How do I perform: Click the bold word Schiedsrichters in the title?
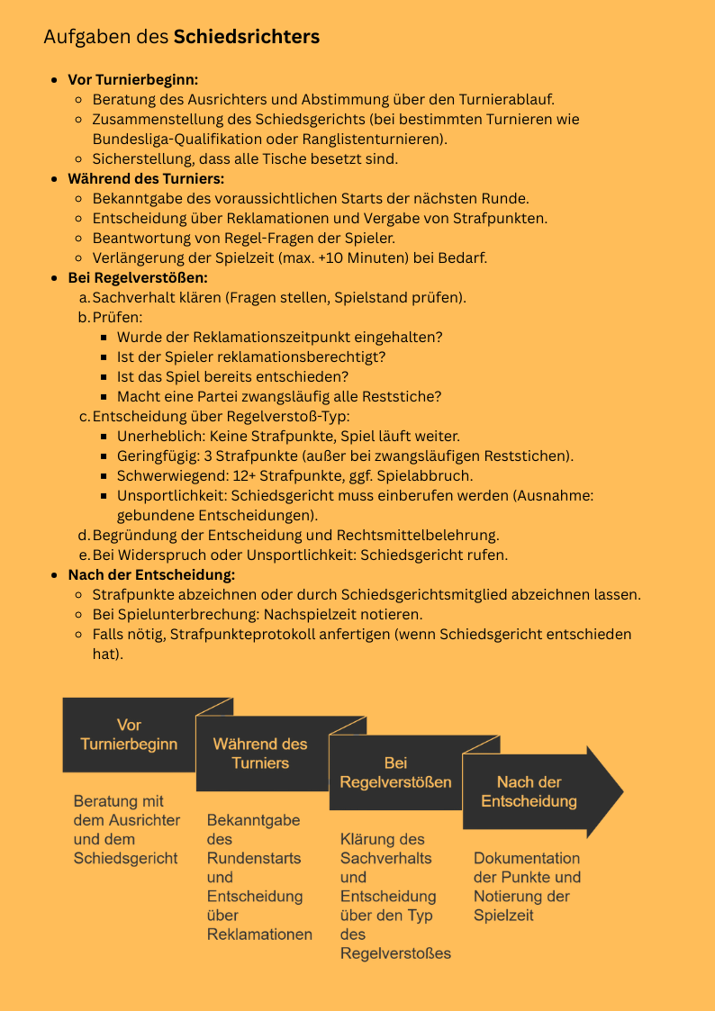pyautogui.click(x=246, y=37)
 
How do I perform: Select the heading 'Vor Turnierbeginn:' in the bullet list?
pyautogui.click(x=133, y=79)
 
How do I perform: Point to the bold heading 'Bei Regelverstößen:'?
pyautogui.click(x=138, y=277)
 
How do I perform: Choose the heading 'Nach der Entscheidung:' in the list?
pyautogui.click(x=151, y=574)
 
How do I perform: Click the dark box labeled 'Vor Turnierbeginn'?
pyautogui.click(x=129, y=735)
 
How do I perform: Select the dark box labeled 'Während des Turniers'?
pyautogui.click(x=260, y=754)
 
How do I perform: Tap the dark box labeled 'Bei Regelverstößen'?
pyautogui.click(x=395, y=772)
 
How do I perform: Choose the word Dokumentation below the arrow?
pyautogui.click(x=527, y=858)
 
